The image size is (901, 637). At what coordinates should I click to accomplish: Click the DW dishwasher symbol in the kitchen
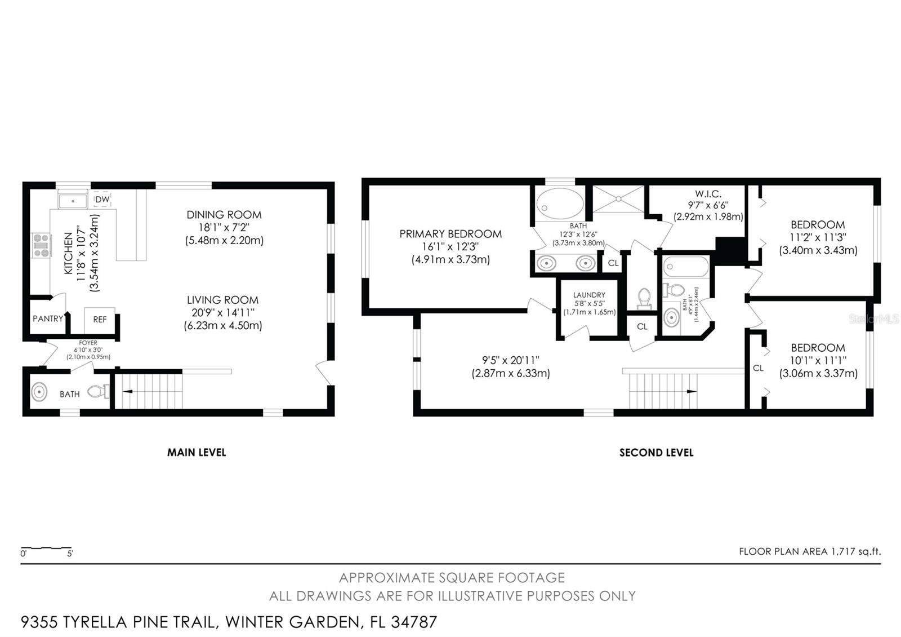pyautogui.click(x=102, y=200)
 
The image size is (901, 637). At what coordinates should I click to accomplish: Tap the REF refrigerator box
pyautogui.click(x=100, y=320)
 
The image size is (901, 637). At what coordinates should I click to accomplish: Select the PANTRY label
pyautogui.click(x=48, y=319)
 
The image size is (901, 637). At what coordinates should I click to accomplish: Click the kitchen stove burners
pyautogui.click(x=42, y=245)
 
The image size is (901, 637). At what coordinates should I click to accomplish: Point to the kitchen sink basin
pyautogui.click(x=73, y=201)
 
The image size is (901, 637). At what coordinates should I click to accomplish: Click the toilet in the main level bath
pyautogui.click(x=99, y=391)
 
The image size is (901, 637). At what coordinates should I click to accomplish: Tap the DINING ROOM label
pyautogui.click(x=224, y=215)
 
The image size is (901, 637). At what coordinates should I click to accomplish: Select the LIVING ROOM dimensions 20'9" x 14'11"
pyautogui.click(x=223, y=313)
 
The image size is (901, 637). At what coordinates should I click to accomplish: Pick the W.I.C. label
pyautogui.click(x=708, y=194)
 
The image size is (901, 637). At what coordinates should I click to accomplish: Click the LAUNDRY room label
pyautogui.click(x=589, y=295)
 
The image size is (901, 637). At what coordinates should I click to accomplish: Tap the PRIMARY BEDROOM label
pyautogui.click(x=450, y=234)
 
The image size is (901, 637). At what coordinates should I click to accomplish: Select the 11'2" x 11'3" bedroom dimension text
pyautogui.click(x=818, y=237)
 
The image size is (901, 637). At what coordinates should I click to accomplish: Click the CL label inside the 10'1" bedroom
pyautogui.click(x=758, y=368)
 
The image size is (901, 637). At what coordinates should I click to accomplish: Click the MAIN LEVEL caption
pyautogui.click(x=197, y=452)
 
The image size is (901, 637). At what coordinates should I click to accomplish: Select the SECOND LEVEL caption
pyautogui.click(x=656, y=452)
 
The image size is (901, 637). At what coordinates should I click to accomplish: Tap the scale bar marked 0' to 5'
pyautogui.click(x=46, y=548)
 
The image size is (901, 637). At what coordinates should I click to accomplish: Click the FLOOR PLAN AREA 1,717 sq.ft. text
pyautogui.click(x=809, y=551)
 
